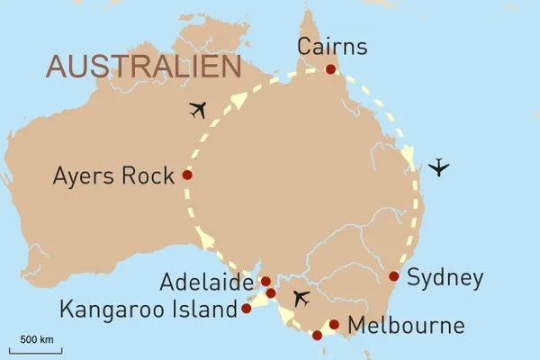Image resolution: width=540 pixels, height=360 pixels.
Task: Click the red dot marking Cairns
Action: (331, 69)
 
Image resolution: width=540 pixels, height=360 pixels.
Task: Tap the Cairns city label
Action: (332, 46)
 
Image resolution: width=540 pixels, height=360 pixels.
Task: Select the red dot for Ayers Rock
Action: (187, 175)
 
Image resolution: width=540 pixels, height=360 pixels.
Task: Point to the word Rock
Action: (150, 175)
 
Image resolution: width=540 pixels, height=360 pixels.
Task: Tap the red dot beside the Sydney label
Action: (393, 277)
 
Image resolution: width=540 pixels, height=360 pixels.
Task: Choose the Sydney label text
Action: (445, 278)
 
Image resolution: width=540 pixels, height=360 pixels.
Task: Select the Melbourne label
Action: (406, 325)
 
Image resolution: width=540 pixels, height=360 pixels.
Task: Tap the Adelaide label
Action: (206, 283)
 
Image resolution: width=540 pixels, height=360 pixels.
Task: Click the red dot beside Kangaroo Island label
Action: (247, 309)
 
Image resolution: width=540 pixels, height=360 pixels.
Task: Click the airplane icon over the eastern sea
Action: (438, 167)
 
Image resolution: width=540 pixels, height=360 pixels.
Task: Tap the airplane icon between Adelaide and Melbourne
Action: (301, 298)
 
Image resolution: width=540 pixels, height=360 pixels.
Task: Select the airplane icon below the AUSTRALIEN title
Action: (199, 110)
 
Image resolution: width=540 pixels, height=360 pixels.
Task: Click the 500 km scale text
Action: (37, 339)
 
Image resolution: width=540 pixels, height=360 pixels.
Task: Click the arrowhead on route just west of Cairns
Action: (238, 100)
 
